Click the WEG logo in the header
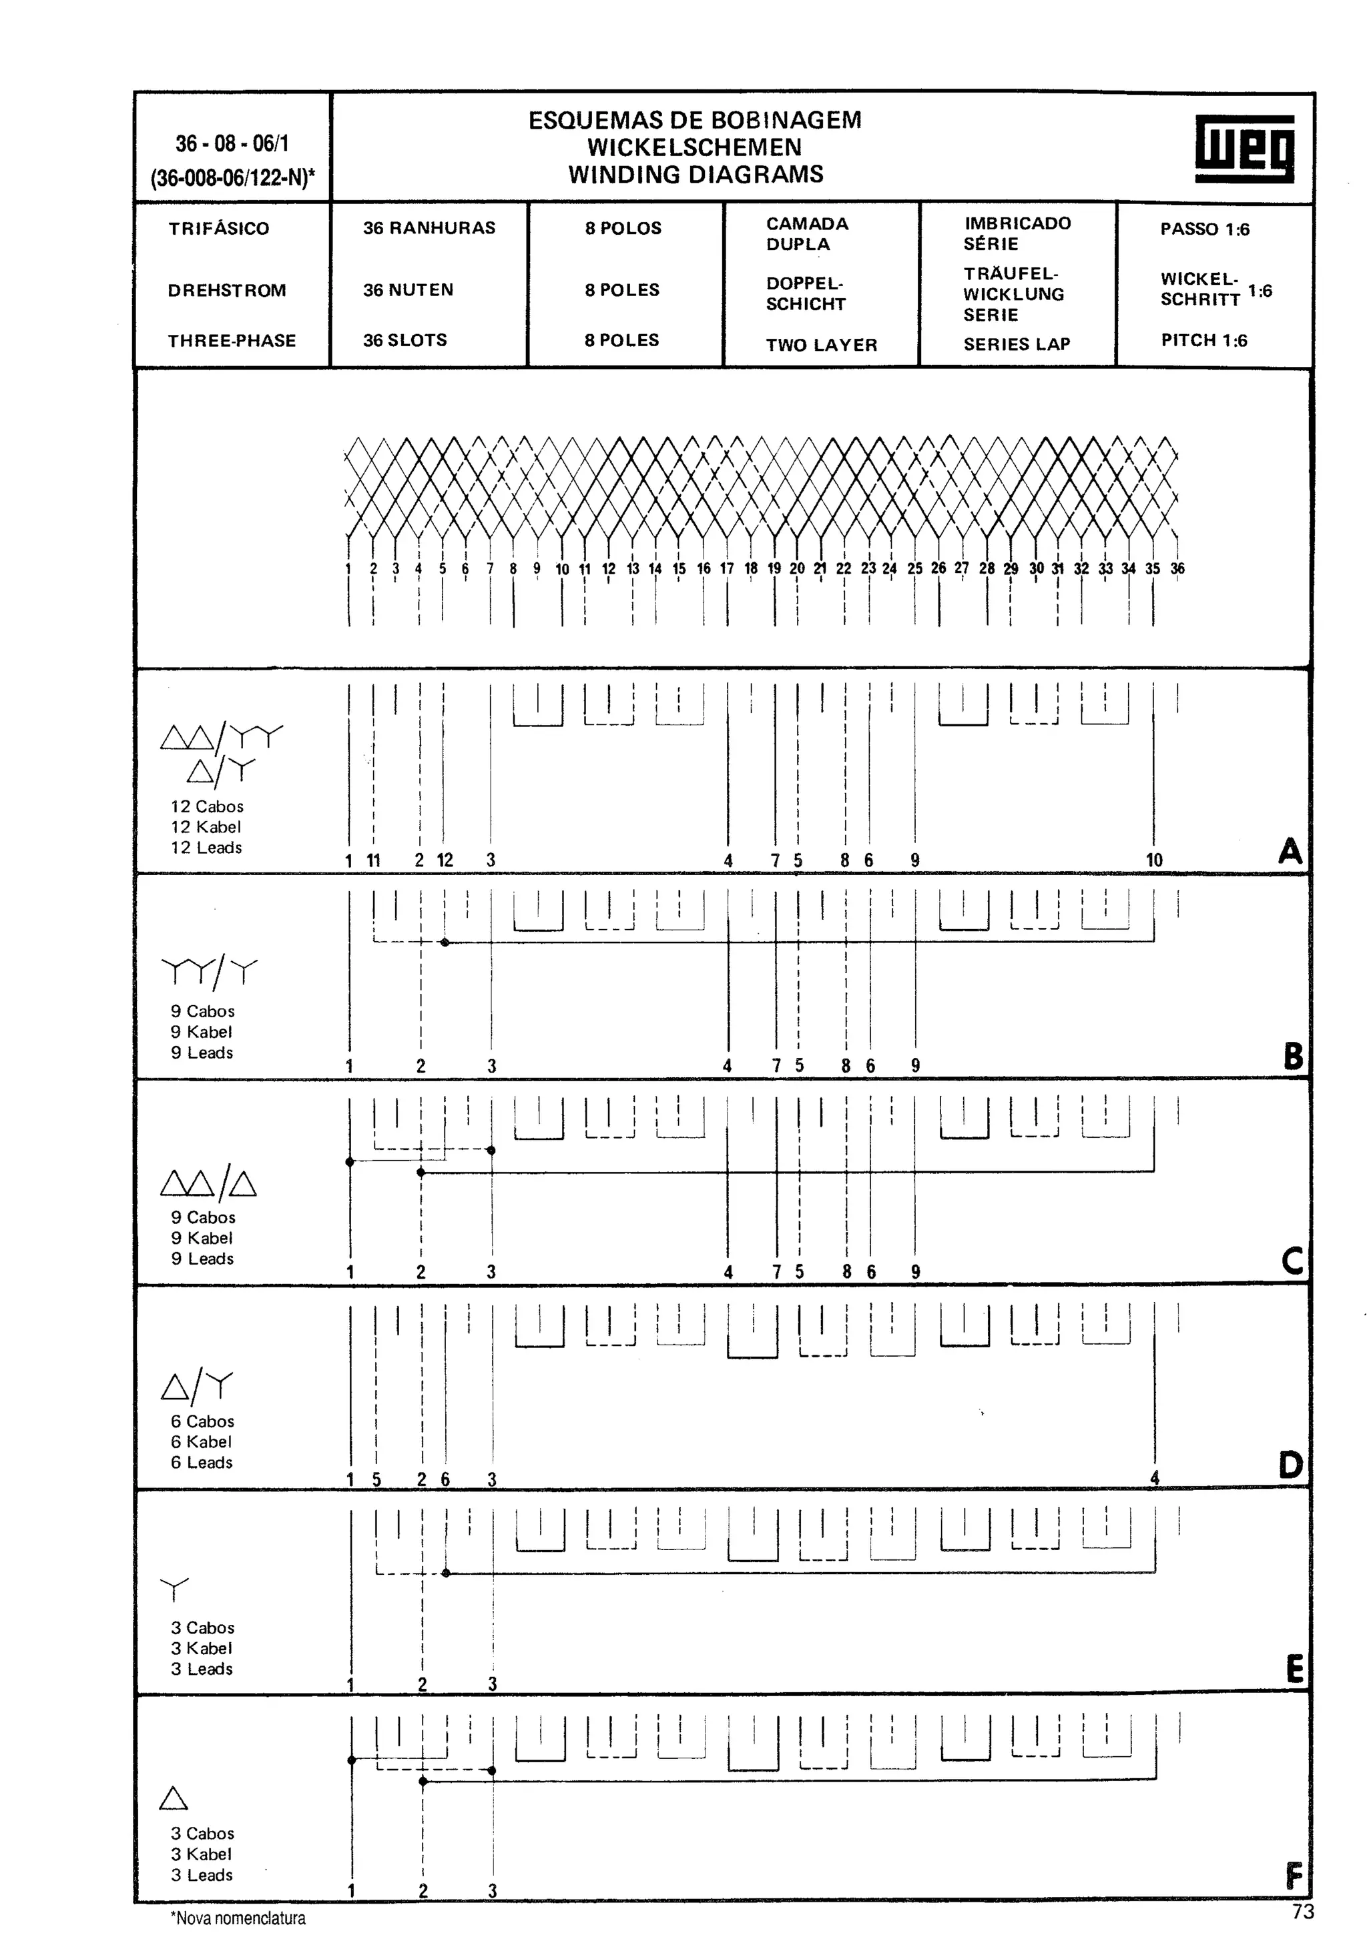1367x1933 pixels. tap(1244, 148)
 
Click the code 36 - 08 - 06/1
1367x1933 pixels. tap(232, 143)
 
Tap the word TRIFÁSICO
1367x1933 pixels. tap(219, 228)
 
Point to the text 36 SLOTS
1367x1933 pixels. tap(405, 340)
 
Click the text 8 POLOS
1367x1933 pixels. tap(623, 228)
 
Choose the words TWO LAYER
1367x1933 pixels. tap(821, 344)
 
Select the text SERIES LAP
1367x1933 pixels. tap(1017, 344)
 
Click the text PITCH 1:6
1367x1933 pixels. tap(1203, 340)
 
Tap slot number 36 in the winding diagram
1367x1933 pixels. tap(1177, 568)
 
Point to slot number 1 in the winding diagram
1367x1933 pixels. tap(348, 568)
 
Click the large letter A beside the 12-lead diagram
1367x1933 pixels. tap(1290, 851)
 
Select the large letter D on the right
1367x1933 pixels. tap(1290, 1465)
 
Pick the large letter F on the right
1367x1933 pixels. tap(1294, 1876)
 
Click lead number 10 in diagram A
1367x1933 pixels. tap(1154, 860)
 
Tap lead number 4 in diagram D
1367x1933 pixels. tap(1155, 1477)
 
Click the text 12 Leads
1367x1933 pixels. tap(206, 848)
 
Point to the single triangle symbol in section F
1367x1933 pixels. tap(174, 1798)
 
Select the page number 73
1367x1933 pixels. tap(1302, 1912)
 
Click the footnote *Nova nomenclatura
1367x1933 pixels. tap(238, 1918)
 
